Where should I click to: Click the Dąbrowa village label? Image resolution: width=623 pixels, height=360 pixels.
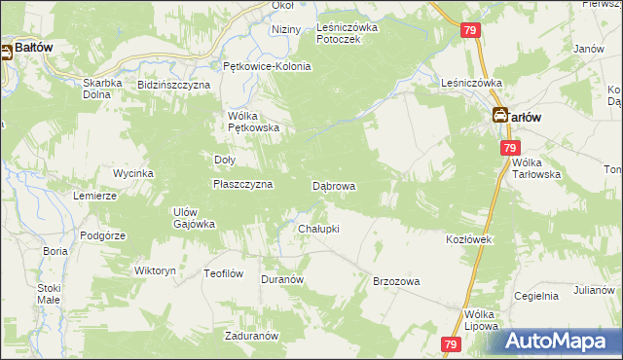click(x=333, y=185)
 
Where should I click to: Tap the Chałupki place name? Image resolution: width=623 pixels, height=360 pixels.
click(x=318, y=229)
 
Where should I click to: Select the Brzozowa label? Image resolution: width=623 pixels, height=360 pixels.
click(x=396, y=281)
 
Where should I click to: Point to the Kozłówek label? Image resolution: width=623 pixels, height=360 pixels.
click(x=471, y=238)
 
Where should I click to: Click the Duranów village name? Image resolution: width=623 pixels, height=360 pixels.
click(x=283, y=279)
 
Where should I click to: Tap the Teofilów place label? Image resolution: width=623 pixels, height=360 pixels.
click(x=223, y=273)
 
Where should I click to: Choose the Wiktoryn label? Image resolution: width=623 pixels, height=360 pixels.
click(x=155, y=270)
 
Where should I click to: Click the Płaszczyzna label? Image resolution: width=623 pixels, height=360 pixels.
click(x=242, y=184)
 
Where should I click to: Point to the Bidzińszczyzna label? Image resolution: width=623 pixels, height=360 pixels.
click(x=174, y=86)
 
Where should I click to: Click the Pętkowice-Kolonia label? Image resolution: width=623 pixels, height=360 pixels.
click(x=267, y=66)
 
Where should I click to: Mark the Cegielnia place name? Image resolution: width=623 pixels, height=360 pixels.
click(x=536, y=295)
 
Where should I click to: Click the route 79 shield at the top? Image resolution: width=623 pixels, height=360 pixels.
click(x=470, y=32)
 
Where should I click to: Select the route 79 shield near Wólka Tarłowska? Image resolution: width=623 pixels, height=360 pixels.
click(x=510, y=148)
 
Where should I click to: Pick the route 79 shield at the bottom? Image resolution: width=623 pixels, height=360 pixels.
click(x=450, y=344)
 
